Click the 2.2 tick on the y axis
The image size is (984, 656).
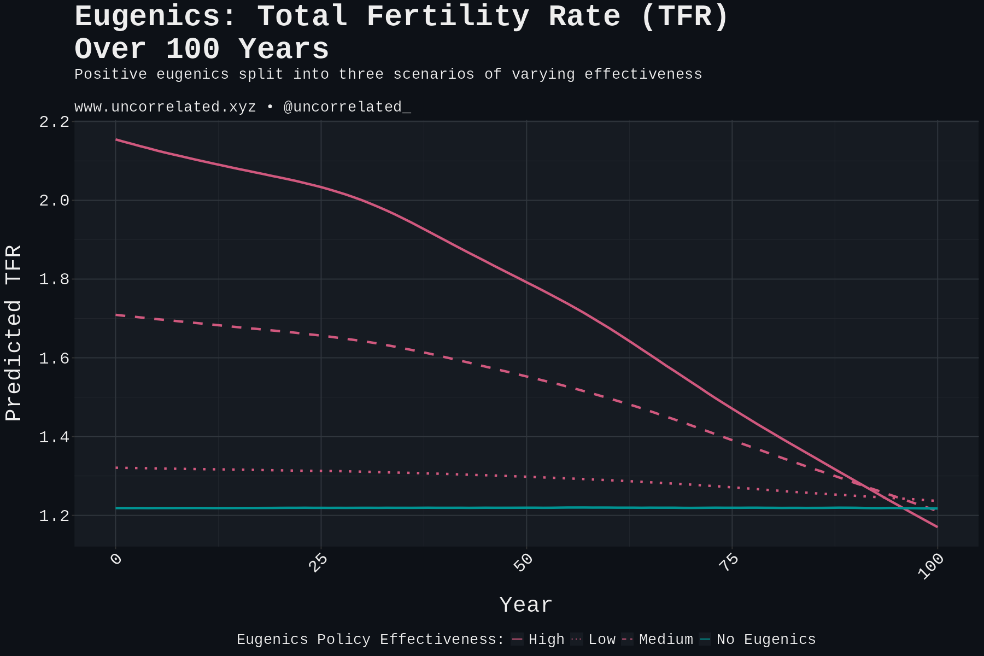coord(54,122)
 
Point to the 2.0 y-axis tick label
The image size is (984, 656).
coord(54,201)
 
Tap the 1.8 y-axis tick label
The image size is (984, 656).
coord(54,279)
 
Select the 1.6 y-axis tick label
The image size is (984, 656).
coord(54,358)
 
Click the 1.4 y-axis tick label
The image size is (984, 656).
coord(54,437)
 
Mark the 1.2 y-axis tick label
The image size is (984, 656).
coord(54,516)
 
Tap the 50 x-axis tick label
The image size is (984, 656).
coord(523,563)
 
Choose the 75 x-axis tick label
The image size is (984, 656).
coord(729,563)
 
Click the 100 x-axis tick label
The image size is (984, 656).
coord(931,566)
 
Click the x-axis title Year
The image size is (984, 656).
coord(526,605)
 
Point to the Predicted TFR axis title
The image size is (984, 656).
coord(14,333)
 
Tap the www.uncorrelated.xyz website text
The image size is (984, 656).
coord(165,107)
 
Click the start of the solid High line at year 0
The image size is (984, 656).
coord(116,139)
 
